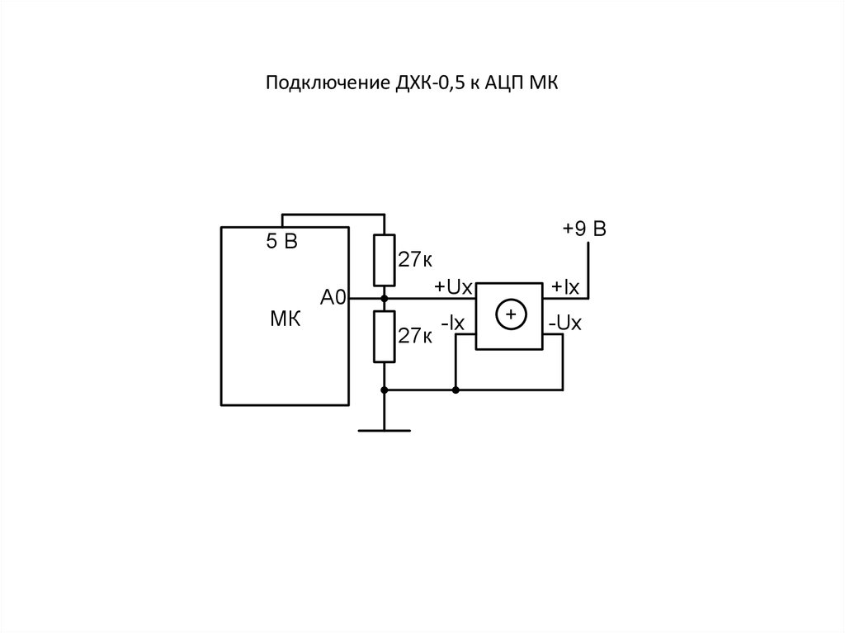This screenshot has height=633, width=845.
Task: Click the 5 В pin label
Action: (281, 243)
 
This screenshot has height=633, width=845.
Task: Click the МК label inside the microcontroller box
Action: (285, 319)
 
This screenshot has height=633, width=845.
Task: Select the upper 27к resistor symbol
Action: (384, 258)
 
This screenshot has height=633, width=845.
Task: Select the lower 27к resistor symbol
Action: (384, 336)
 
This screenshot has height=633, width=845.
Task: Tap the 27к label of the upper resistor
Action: (415, 261)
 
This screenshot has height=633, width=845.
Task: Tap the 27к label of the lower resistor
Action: (415, 336)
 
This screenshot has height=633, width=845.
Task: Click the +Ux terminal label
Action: (452, 286)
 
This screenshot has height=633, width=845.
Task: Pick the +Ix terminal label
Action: (566, 286)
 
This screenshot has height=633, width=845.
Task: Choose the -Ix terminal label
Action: (454, 324)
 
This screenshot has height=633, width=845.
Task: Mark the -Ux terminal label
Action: (565, 324)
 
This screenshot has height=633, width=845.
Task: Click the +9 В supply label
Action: (584, 229)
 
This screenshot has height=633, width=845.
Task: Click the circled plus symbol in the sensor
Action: (510, 314)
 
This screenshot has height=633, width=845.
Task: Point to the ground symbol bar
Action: (384, 430)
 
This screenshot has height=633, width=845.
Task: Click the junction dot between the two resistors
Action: (384, 298)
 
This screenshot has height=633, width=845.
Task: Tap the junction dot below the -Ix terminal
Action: (456, 389)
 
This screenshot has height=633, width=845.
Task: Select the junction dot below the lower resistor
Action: (384, 389)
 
